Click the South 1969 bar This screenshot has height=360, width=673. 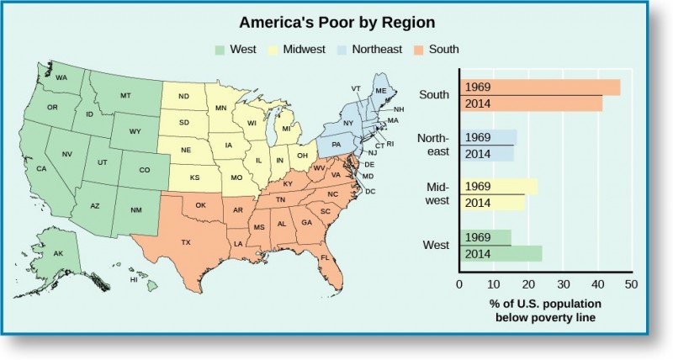[x=539, y=87]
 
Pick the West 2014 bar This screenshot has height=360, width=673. [x=500, y=253]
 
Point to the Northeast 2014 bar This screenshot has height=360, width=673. [x=486, y=153]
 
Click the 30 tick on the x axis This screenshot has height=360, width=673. [x=564, y=284]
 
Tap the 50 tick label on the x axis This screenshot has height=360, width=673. [x=631, y=284]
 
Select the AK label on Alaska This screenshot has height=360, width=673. [x=58, y=254]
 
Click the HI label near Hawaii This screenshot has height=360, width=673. [x=133, y=281]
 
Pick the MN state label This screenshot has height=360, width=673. [x=220, y=108]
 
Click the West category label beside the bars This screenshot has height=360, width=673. [x=435, y=245]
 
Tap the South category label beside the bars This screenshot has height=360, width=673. [x=434, y=94]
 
